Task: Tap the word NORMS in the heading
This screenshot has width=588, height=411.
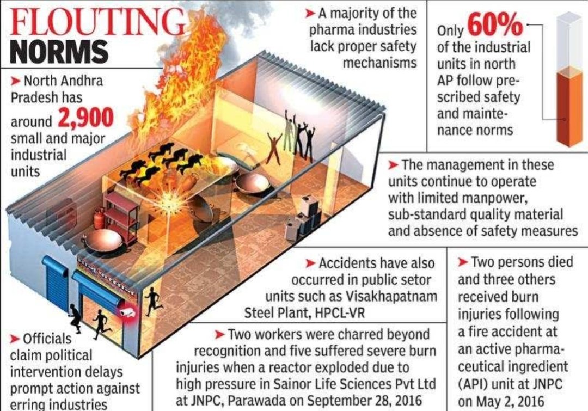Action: coord(59,51)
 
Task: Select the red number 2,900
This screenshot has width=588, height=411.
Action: coord(86,118)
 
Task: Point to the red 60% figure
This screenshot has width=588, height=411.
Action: coord(495,24)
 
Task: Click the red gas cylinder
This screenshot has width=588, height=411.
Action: coord(99,219)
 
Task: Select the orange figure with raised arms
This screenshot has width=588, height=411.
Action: coord(274,148)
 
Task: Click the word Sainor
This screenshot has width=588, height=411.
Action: coord(292,384)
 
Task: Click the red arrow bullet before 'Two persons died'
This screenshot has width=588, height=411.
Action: coord(463,262)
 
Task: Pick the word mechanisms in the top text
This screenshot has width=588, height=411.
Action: coord(379,63)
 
